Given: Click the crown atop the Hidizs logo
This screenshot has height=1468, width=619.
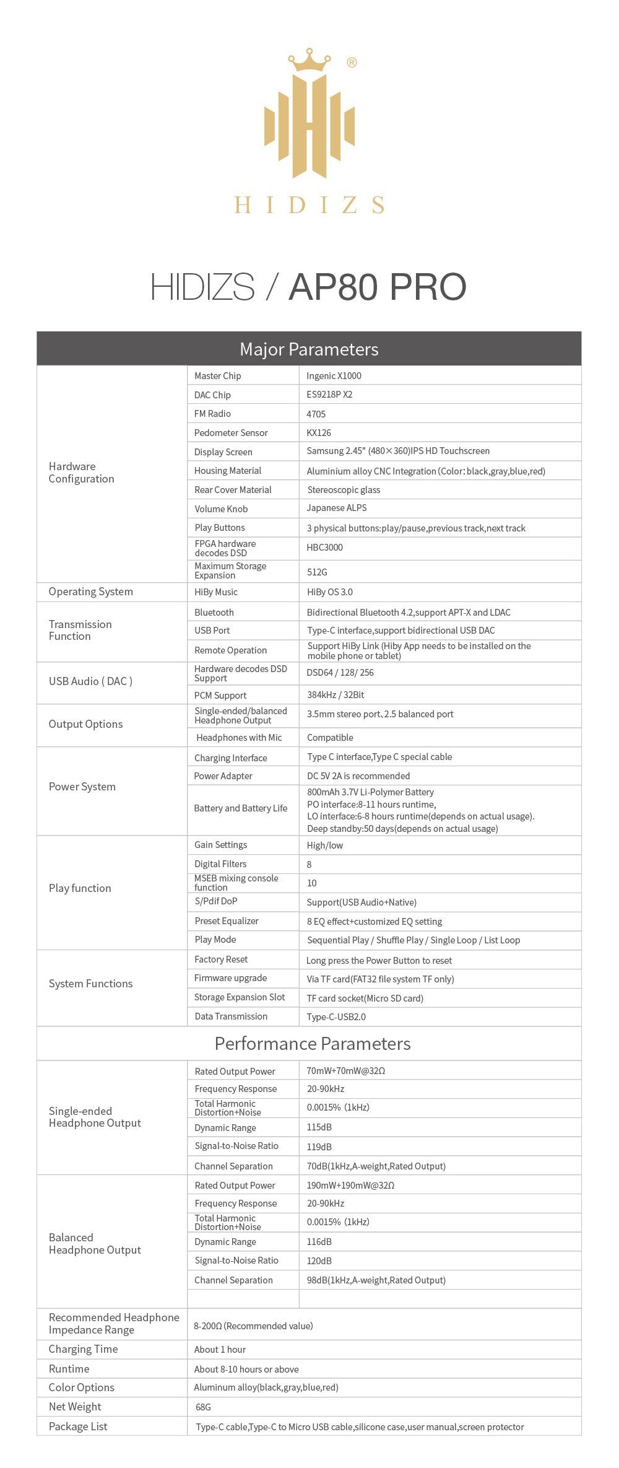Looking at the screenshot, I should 309,60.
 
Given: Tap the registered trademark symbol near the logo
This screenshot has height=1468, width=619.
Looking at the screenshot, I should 352,63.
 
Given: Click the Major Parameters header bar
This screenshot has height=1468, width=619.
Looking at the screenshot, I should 309,349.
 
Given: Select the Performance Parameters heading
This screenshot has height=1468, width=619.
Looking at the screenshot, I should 313,1044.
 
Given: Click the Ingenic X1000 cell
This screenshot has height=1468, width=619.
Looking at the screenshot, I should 334,376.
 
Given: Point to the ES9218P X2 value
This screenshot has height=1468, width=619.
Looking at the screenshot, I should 329,395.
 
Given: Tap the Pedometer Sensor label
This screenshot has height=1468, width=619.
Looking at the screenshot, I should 231,433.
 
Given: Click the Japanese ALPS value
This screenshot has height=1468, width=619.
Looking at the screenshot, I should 337,508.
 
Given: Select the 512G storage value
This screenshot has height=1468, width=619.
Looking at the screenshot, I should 317,572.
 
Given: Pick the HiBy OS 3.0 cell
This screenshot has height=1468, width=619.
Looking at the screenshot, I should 330,592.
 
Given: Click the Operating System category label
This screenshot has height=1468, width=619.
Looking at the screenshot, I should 91,592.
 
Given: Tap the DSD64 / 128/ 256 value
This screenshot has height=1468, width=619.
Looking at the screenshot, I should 340,673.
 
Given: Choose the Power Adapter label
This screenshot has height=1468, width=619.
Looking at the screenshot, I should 223,776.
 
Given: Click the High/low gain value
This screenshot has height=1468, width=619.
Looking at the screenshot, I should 325,845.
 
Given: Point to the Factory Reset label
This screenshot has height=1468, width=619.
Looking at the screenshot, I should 221,959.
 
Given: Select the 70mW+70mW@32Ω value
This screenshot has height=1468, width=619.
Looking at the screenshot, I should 346,1071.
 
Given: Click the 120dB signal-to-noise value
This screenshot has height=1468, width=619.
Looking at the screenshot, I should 319,1260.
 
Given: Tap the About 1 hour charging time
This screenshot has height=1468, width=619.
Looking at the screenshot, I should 220,1349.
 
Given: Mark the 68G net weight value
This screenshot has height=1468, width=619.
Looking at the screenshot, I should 203,1407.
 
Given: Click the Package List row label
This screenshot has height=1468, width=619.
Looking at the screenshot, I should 78,1426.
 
